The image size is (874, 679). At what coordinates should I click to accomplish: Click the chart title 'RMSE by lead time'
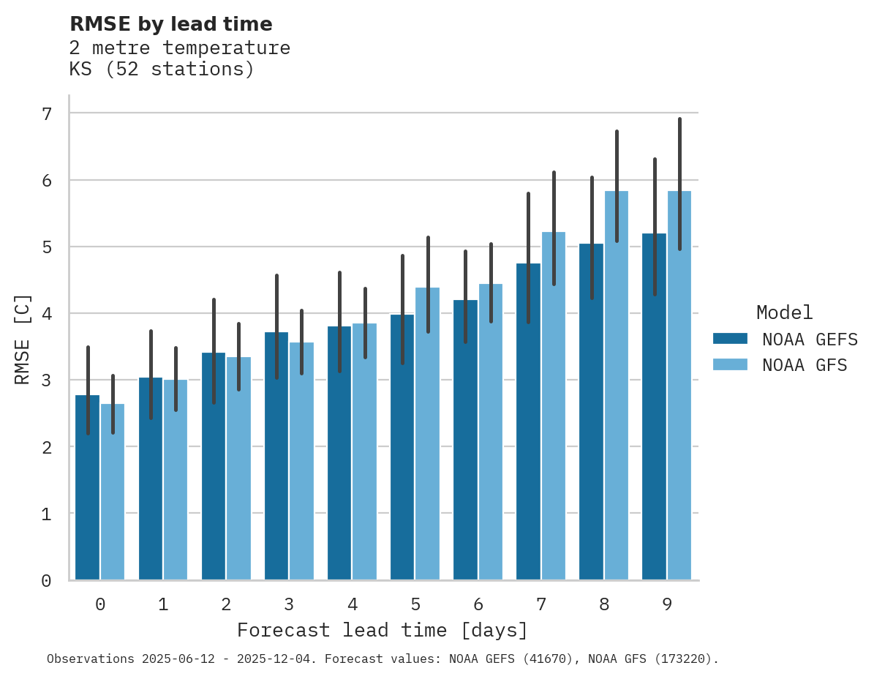pos(170,24)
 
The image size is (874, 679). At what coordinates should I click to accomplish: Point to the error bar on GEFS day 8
pos(592,238)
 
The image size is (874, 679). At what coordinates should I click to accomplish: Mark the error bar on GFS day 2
pos(238,356)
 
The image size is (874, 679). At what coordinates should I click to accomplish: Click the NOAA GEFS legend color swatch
pos(730,338)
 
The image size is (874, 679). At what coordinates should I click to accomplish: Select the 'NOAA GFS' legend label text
pos(805,365)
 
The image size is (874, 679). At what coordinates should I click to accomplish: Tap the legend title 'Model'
pos(784,312)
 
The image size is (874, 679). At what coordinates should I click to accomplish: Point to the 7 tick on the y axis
pos(47,113)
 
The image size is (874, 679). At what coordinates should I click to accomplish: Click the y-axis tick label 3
pos(47,380)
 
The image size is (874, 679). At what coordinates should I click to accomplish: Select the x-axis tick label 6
pos(478,604)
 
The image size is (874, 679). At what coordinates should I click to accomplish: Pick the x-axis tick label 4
pos(353,604)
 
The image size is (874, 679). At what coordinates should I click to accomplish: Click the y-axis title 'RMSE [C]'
pos(23,339)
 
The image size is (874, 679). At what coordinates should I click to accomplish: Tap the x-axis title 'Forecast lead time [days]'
pos(382,630)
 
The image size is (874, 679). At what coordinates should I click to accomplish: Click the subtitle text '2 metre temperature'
pos(179,48)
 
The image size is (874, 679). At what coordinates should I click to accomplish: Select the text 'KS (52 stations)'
pos(162,70)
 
